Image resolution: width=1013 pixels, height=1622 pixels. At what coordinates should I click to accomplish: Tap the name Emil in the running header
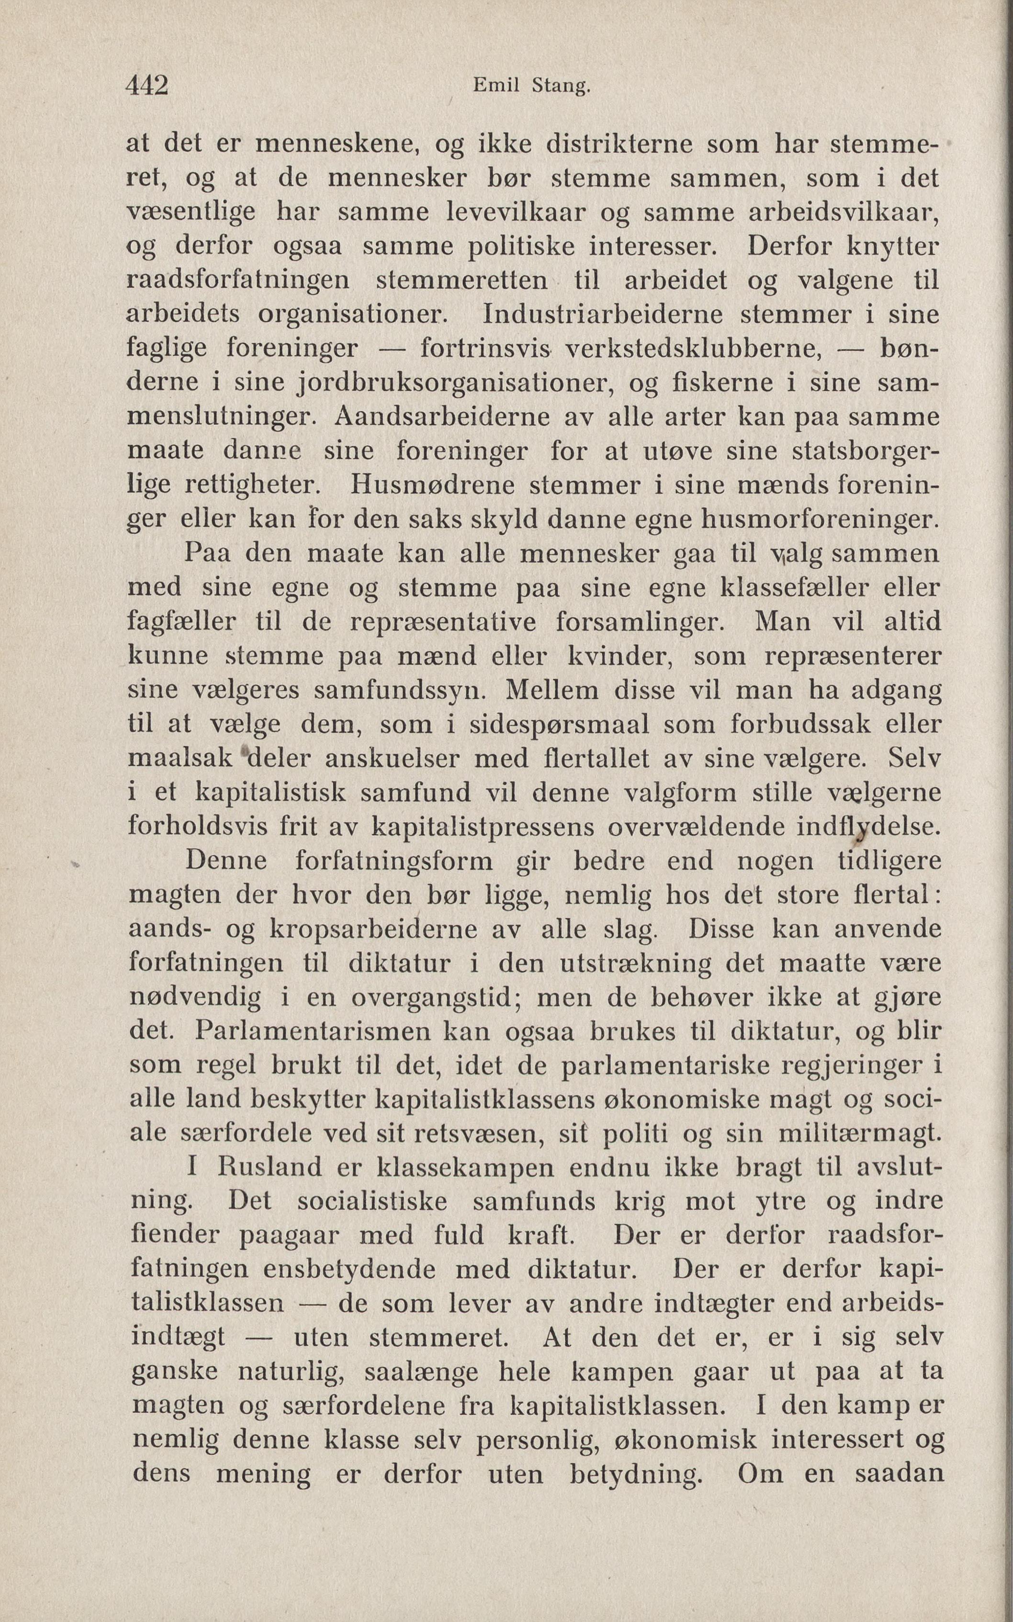click(498, 87)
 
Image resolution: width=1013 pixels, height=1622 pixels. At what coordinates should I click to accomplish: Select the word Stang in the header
click(560, 87)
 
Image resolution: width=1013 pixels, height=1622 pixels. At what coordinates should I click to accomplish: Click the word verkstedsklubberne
click(693, 348)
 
